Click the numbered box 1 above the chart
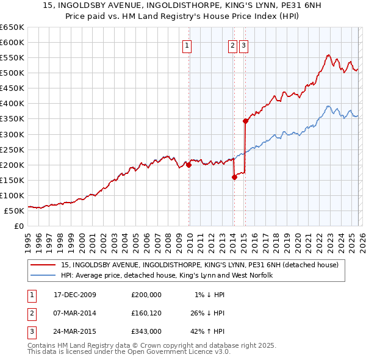187,45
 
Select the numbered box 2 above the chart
233,45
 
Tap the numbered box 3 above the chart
243,45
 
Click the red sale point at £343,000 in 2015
245,121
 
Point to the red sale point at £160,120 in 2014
234,177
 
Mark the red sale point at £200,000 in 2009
189,165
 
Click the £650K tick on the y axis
12,27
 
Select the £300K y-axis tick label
12,134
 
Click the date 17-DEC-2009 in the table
75,295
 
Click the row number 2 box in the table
30,313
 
